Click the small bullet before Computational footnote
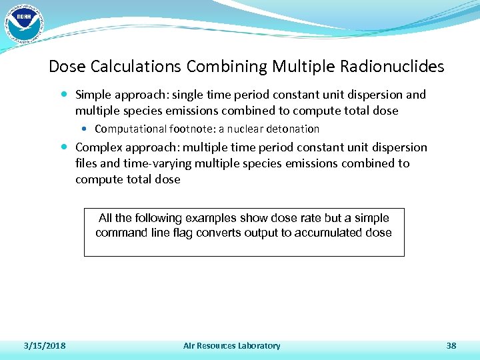coord(88,129)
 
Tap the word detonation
coord(295,129)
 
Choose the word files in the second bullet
coord(85,163)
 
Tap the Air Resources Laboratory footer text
coord(232,345)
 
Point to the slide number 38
coord(451,345)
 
